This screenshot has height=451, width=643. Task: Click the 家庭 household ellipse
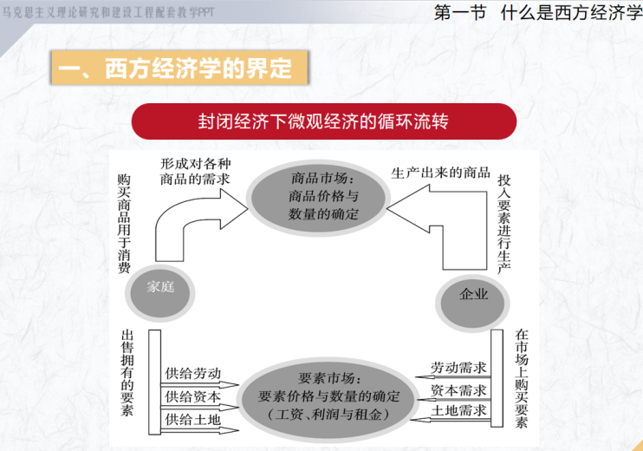[x=160, y=292]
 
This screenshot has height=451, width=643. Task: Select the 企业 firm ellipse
[x=472, y=303]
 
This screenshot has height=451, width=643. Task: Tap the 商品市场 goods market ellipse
[x=318, y=198]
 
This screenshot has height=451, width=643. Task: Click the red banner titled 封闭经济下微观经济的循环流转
[x=324, y=121]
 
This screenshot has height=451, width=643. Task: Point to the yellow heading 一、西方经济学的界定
[x=179, y=68]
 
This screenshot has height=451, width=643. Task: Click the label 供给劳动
[x=192, y=373]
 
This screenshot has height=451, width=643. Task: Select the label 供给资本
[x=192, y=396]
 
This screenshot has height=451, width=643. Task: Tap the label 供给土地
[x=192, y=420]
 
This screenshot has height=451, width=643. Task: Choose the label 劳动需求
[x=458, y=367]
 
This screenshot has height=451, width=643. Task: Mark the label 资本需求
[x=458, y=389]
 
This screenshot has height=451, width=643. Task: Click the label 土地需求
[x=458, y=410]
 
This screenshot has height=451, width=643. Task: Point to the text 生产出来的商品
[x=441, y=173]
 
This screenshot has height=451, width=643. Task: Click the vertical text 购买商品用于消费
[x=124, y=224]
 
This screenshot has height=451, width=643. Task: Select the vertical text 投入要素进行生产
[x=504, y=224]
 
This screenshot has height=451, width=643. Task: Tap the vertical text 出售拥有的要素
[x=127, y=373]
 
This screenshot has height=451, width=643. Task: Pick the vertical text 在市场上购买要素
[x=521, y=378]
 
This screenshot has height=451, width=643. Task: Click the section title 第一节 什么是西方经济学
[x=538, y=12]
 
